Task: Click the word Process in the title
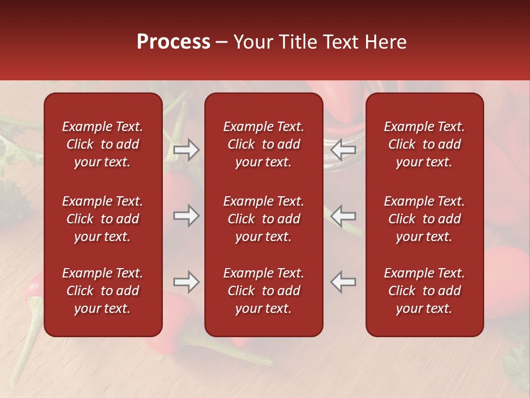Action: click(173, 42)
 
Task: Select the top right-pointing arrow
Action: click(186, 150)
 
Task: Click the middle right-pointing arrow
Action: click(186, 216)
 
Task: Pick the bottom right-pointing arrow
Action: click(186, 282)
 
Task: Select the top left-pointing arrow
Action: click(343, 150)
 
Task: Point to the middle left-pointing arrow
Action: click(343, 216)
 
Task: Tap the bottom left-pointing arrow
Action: click(343, 282)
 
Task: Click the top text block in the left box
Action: click(103, 144)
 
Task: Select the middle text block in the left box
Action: click(103, 219)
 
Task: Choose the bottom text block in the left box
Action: click(103, 291)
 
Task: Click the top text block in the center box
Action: click(264, 144)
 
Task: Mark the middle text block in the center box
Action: click(264, 219)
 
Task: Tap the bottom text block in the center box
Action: click(264, 291)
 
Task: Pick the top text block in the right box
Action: click(425, 144)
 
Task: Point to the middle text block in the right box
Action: click(425, 219)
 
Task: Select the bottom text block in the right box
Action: click(425, 291)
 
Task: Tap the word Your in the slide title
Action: click(252, 42)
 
